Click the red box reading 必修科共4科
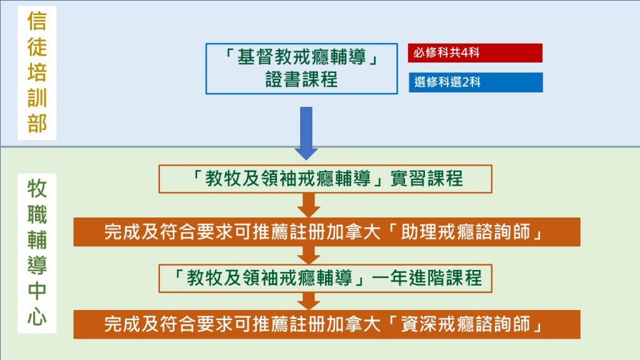pos(475,53)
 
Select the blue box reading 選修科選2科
pos(476,82)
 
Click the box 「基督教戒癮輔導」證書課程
pos(302,69)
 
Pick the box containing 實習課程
pos(325,179)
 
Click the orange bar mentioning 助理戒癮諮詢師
pos(327,232)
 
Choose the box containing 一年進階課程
pos(325,278)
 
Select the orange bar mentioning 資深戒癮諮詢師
pos(327,324)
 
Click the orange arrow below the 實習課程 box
pos(309,205)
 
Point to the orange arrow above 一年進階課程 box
pos(309,256)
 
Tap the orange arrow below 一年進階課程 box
pos(309,302)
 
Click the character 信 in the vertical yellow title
pos(37,21)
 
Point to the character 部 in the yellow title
pos(37,123)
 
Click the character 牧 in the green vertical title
pos(37,189)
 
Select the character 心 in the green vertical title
pos(37,317)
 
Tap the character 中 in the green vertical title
pos(37,291)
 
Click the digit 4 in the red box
pos(464,52)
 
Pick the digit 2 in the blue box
pos(465,82)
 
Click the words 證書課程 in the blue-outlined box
pos(302,79)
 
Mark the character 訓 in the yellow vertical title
pos(37,97)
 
